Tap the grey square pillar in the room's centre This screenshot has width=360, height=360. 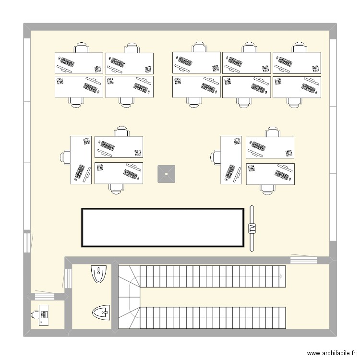(166, 174)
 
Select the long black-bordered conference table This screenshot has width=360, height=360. (163, 228)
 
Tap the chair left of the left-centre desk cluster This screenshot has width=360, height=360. (65, 156)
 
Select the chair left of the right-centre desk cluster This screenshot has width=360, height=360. (216, 156)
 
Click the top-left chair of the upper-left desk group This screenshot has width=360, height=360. (82, 48)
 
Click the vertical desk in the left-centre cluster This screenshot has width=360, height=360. (81, 159)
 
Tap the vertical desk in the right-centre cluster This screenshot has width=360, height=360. (232, 159)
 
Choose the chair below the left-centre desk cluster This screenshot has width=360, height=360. (116, 188)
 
